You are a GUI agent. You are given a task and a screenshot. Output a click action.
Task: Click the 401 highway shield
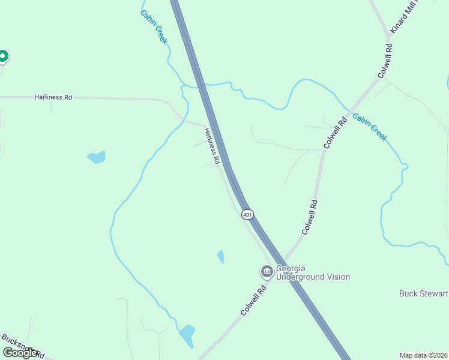point(248,214)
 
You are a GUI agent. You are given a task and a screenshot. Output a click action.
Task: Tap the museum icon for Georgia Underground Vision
point(267,272)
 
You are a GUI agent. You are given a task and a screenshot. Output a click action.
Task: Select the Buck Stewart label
point(424,293)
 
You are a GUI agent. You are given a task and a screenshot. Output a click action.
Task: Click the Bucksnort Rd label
point(24,346)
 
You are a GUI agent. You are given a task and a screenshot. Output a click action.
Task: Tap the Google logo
point(20,353)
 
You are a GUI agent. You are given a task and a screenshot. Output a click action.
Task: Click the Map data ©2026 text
point(424,355)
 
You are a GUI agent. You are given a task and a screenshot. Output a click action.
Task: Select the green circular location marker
point(2,56)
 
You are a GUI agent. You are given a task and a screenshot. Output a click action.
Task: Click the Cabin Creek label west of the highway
point(154,27)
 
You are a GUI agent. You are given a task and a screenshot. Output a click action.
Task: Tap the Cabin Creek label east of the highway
point(370,127)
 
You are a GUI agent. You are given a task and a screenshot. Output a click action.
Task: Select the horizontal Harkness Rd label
point(53,97)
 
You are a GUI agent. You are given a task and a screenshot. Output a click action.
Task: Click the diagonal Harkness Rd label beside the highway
point(212,146)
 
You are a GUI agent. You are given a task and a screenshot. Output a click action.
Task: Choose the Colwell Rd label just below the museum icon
point(253,301)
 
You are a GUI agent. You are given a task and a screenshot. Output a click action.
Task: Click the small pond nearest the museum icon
point(221,257)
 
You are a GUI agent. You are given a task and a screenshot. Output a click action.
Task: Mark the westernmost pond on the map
point(97,157)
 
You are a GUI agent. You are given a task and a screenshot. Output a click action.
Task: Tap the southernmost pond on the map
point(187,335)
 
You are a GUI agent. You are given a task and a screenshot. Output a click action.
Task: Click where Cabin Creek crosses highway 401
point(205,86)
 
